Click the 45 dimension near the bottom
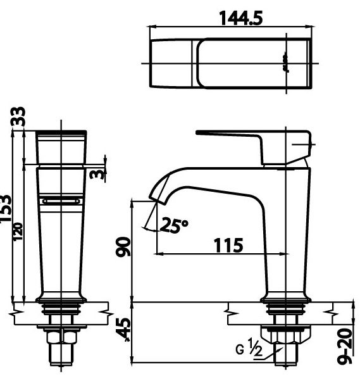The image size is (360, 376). point(125,329)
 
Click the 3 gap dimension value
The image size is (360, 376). point(95,173)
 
